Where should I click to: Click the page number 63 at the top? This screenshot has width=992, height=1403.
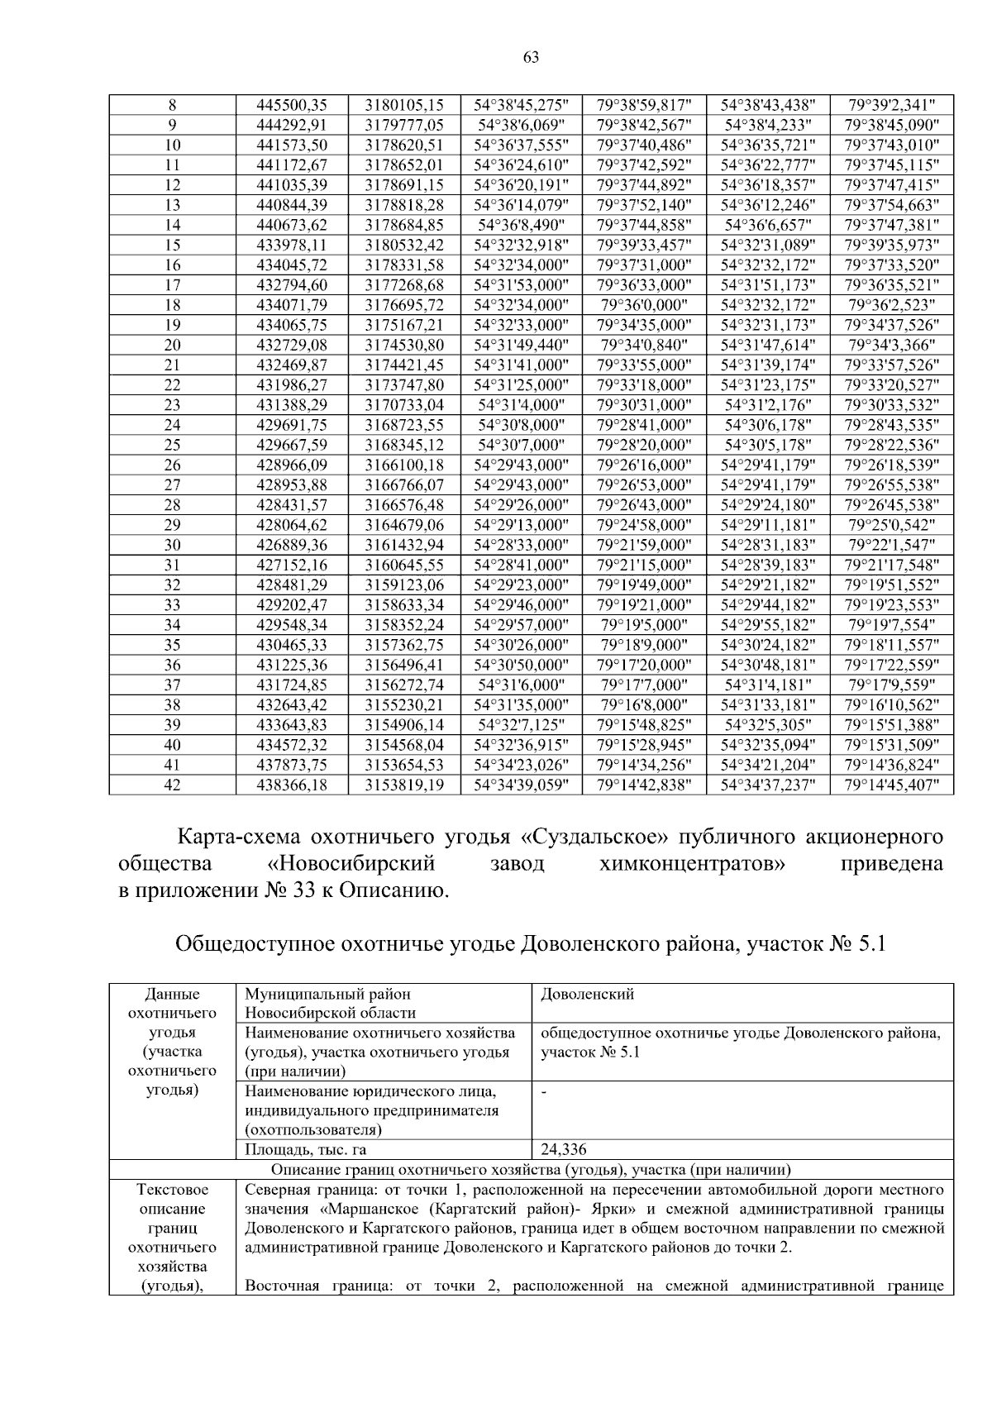coord(531,57)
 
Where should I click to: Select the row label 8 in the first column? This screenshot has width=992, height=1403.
coord(172,105)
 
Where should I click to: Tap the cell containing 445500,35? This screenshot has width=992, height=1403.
coord(292,105)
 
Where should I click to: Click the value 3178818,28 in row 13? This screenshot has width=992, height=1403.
coord(404,205)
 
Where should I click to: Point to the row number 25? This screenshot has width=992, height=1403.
coord(172,445)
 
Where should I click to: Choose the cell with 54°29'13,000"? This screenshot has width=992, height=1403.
coord(521,525)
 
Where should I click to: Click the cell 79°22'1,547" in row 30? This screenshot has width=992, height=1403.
coord(891,545)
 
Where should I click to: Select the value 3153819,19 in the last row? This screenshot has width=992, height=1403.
coord(404,785)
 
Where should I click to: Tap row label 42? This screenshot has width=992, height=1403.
coord(172,785)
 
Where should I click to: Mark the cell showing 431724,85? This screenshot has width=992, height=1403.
coord(292,685)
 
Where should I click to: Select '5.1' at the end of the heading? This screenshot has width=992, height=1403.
coord(868,944)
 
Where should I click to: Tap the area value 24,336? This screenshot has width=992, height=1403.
coord(564,1149)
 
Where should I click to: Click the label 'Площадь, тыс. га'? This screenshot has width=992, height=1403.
coord(306,1149)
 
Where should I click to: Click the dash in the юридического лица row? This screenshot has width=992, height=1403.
coord(544,1092)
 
